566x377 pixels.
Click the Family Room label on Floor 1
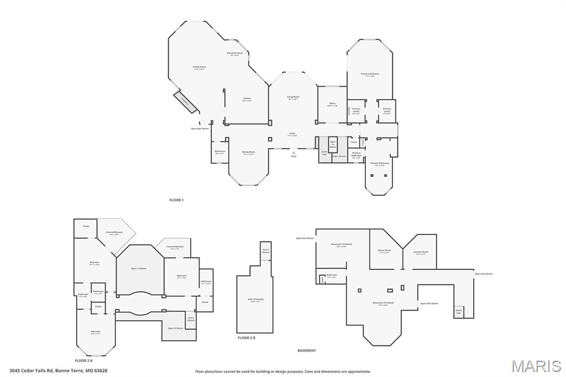pyautogui.click(x=200, y=67)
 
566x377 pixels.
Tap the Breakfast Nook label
pyautogui.click(x=234, y=54)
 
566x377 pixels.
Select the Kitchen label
pyautogui.click(x=247, y=100)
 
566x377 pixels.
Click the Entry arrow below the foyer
pyautogui.click(x=294, y=153)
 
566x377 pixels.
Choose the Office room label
pyautogui.click(x=332, y=104)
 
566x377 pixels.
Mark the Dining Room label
pyautogui.click(x=248, y=153)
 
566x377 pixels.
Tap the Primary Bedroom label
pyautogui.click(x=370, y=75)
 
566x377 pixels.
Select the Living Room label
pyautogui.click(x=293, y=97)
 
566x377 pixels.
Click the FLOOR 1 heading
pyautogui.click(x=176, y=200)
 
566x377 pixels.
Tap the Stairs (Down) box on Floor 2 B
pyautogui.click(x=266, y=250)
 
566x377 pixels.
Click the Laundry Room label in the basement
pyautogui.click(x=421, y=253)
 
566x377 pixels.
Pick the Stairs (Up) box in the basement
pyautogui.click(x=458, y=312)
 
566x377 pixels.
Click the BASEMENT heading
pyautogui.click(x=307, y=350)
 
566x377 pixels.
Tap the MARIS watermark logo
pyautogui.click(x=536, y=365)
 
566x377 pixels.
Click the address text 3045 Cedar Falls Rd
pyautogui.click(x=58, y=370)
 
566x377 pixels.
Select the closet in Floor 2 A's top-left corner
pyautogui.click(x=86, y=226)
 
